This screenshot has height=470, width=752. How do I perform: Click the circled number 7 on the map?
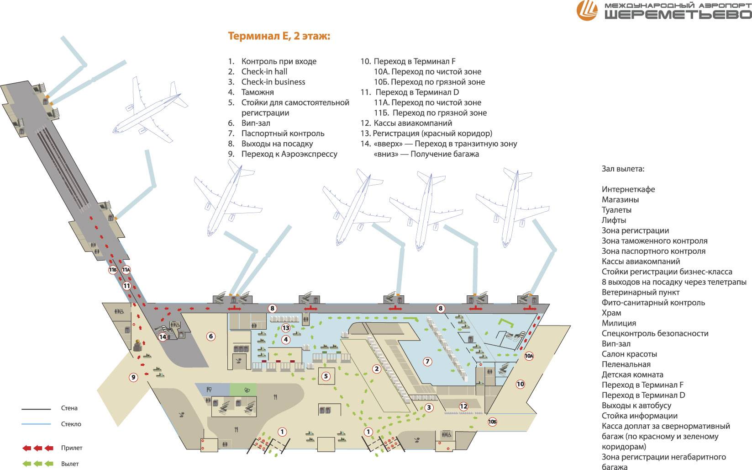point(428,361)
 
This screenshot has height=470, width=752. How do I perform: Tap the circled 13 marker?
point(286,328)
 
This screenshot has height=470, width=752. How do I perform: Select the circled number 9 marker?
point(133,377)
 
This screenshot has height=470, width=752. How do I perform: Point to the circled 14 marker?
point(163,337)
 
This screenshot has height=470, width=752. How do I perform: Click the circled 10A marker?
point(529,356)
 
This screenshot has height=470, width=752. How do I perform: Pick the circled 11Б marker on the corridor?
point(113,270)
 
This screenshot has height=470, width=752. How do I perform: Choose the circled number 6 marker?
point(210,336)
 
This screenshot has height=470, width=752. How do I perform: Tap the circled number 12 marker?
point(463,406)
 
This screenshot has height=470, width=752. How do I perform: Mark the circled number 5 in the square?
point(326,376)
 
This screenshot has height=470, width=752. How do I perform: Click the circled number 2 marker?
point(377,369)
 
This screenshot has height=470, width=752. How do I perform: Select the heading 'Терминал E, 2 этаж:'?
point(278,37)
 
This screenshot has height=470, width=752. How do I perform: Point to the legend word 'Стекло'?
point(71,424)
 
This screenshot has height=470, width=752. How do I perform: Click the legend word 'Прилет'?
point(72,448)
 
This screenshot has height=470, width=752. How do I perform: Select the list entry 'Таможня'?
point(258,92)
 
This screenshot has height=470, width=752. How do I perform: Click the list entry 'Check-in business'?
point(273,82)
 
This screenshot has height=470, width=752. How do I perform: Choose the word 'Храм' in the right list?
point(611,313)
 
